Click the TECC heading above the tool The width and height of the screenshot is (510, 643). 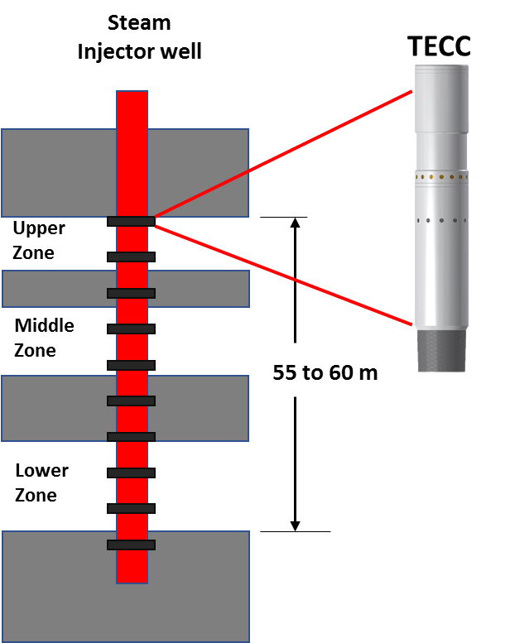pyautogui.click(x=440, y=47)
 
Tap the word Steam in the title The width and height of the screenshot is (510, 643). pyautogui.click(x=139, y=23)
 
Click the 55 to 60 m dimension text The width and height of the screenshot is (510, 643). pyautogui.click(x=325, y=372)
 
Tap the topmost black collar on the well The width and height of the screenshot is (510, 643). pyautogui.click(x=131, y=221)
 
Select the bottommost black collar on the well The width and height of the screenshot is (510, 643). pyautogui.click(x=131, y=545)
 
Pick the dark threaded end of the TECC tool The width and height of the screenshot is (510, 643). pyautogui.click(x=440, y=350)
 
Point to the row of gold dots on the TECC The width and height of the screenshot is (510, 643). pyautogui.click(x=440, y=177)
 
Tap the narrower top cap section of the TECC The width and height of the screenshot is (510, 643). pyautogui.click(x=440, y=98)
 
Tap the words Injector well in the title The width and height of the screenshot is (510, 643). pyautogui.click(x=139, y=51)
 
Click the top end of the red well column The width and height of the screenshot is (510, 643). pyautogui.click(x=132, y=96)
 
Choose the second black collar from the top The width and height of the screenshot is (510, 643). pyautogui.click(x=131, y=257)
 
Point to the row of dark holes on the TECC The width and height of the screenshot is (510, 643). pyautogui.click(x=440, y=220)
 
